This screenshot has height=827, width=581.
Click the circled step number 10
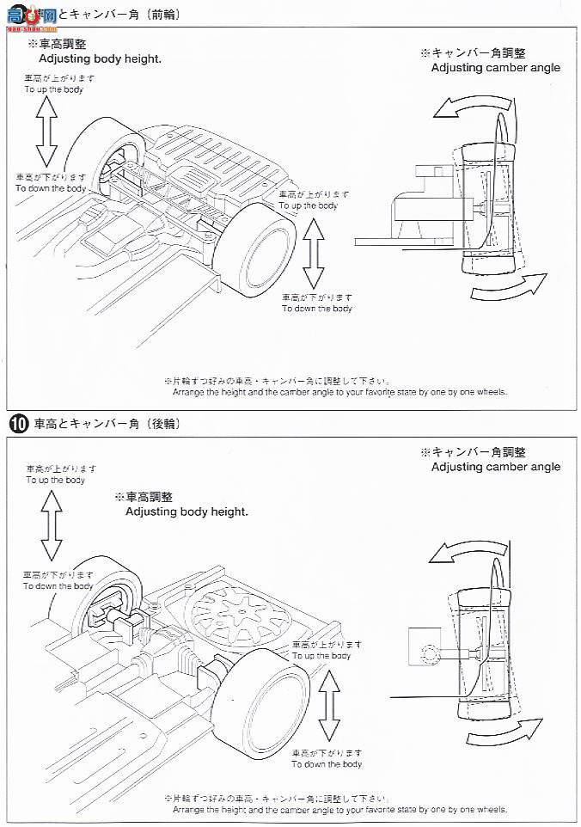pyautogui.click(x=18, y=424)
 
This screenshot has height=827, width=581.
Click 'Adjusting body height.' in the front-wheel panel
pyautogui.click(x=100, y=58)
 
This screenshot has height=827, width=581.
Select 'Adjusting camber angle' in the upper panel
pyautogui.click(x=495, y=67)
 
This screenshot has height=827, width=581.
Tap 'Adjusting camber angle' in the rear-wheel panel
pyautogui.click(x=495, y=467)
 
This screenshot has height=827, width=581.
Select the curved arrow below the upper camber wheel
pyautogui.click(x=510, y=289)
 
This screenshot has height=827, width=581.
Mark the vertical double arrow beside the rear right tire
pyautogui.click(x=327, y=708)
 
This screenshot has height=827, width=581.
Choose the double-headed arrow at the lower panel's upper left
pyautogui.click(x=51, y=527)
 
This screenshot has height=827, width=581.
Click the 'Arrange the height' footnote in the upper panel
pyautogui.click(x=339, y=392)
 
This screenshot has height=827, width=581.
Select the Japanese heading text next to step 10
pyautogui.click(x=106, y=424)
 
